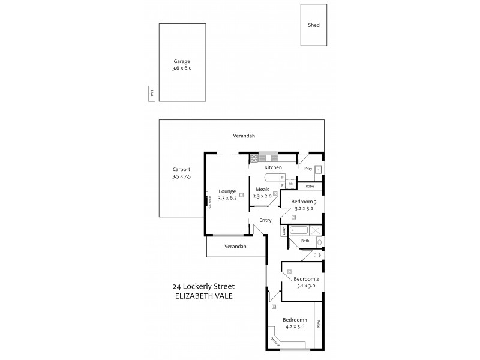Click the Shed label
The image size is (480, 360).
[314, 25]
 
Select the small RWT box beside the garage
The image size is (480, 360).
[152, 94]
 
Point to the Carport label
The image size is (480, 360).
[181, 170]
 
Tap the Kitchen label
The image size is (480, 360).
[273, 167]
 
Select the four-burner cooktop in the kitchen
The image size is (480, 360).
[254, 158]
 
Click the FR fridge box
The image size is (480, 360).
[290, 184]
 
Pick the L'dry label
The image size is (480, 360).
[308, 169]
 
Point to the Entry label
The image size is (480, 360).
[265, 220]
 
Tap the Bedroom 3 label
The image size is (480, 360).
[303, 202]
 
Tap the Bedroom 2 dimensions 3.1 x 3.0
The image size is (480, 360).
[305, 286]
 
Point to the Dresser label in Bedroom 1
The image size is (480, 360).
[275, 342]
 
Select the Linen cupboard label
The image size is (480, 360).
[283, 230]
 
